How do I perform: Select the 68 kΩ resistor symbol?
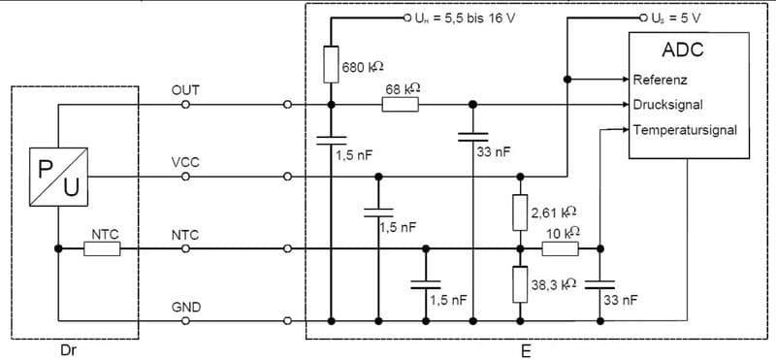400,104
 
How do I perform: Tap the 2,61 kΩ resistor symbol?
521,212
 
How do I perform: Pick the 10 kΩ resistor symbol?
560,248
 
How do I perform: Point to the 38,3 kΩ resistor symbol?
521,284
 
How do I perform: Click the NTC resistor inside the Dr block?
102,248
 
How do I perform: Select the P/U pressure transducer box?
59,176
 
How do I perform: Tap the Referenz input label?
663,80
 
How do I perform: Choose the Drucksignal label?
669,104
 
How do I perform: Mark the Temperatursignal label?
685,128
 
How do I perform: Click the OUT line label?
185,89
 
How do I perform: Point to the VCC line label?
185,162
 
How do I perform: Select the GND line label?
185,308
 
